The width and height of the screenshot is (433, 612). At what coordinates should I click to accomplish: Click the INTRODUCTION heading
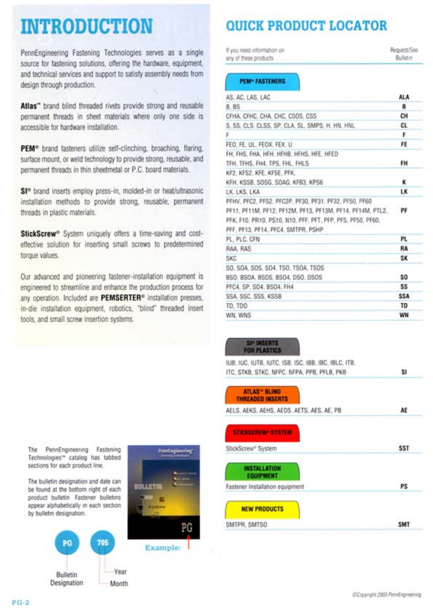(x=86, y=26)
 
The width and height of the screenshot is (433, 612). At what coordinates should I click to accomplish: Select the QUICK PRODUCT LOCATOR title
(x=306, y=26)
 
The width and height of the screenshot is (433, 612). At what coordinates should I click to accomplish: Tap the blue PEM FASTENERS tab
(x=262, y=81)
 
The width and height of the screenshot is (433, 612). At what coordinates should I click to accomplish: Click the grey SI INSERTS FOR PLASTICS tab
(x=262, y=347)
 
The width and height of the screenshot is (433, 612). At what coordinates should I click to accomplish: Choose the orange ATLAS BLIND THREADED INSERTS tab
(x=262, y=395)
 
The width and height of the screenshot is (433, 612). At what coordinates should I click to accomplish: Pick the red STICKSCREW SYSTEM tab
(x=262, y=433)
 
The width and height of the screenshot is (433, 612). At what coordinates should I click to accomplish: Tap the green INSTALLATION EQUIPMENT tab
(x=262, y=471)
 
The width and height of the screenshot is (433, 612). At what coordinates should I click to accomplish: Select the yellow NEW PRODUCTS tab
(x=262, y=509)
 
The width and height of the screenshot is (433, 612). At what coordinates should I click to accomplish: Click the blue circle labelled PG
(x=67, y=543)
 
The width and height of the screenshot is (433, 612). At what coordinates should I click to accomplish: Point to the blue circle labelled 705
(x=103, y=542)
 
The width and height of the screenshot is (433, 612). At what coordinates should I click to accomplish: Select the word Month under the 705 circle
(x=119, y=583)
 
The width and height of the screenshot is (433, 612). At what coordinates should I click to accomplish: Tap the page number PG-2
(x=21, y=603)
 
